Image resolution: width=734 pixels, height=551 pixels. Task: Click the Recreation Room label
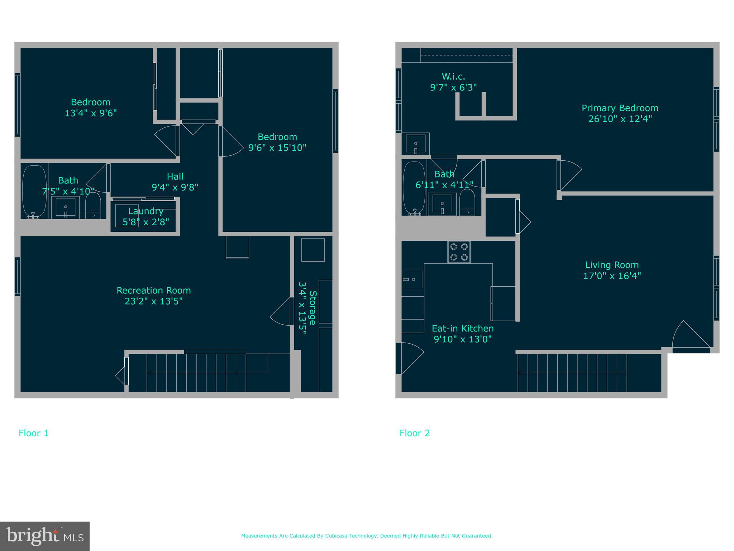pos(153,290)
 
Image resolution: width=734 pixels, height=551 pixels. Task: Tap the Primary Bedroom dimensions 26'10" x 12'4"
pos(620,119)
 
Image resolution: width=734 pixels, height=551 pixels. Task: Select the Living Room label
pos(612,265)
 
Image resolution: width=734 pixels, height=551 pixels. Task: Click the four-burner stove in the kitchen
pos(459,252)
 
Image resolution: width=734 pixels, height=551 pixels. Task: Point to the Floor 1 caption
pos(33,433)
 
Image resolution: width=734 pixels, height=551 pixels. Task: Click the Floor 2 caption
pos(414,433)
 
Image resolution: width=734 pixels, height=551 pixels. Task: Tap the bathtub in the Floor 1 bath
pos(34,191)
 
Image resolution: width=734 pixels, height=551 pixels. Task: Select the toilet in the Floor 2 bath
pos(467,202)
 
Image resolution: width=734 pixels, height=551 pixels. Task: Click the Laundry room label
pos(146,211)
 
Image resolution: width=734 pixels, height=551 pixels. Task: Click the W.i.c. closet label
pos(453,76)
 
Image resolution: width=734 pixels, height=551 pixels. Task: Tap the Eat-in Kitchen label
pos(462,329)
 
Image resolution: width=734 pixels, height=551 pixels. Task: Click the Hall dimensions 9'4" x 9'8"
pos(175,187)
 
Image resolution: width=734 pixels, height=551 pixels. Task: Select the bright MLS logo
pos(45,536)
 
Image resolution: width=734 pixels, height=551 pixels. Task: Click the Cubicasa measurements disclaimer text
pos(367,536)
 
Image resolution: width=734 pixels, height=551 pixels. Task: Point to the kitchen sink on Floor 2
pos(413,279)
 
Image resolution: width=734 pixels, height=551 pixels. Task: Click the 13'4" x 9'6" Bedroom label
pos(90,108)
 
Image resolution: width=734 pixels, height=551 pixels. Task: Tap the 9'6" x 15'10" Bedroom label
pos(277,142)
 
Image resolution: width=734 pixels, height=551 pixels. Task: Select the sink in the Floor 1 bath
pos(66,207)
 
